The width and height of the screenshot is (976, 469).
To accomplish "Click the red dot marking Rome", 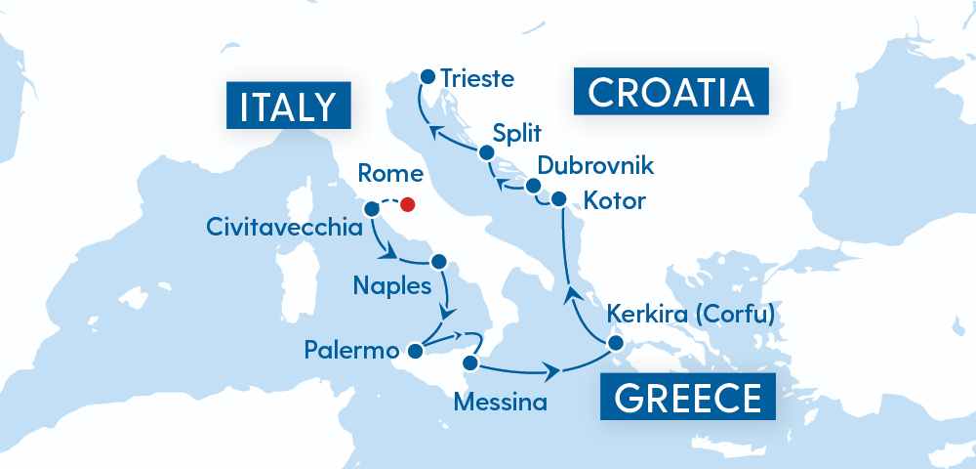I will click(408, 205).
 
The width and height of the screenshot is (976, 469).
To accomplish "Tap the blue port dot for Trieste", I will click(427, 75).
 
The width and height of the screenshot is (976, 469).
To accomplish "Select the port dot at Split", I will click(485, 151).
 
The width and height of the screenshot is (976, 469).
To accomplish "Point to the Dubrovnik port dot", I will click(533, 185).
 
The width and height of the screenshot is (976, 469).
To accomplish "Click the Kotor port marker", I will click(558, 199).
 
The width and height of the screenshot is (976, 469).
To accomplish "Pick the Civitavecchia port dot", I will click(371, 208).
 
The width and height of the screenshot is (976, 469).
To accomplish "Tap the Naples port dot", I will click(438, 262).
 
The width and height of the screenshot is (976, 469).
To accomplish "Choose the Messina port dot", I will click(469, 363).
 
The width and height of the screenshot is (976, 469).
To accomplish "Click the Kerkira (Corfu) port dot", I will click(615, 343).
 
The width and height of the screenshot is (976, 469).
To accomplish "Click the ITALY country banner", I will click(288, 106).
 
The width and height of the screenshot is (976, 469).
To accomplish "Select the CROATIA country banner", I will click(671, 93).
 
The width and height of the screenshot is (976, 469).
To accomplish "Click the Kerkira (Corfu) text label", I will click(690, 315).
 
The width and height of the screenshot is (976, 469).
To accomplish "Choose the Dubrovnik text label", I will click(597, 166).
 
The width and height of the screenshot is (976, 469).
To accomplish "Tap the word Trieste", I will click(476, 76).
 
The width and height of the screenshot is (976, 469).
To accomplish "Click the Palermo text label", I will click(351, 350).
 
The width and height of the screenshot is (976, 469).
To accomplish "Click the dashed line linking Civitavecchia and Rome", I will click(388, 203).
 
